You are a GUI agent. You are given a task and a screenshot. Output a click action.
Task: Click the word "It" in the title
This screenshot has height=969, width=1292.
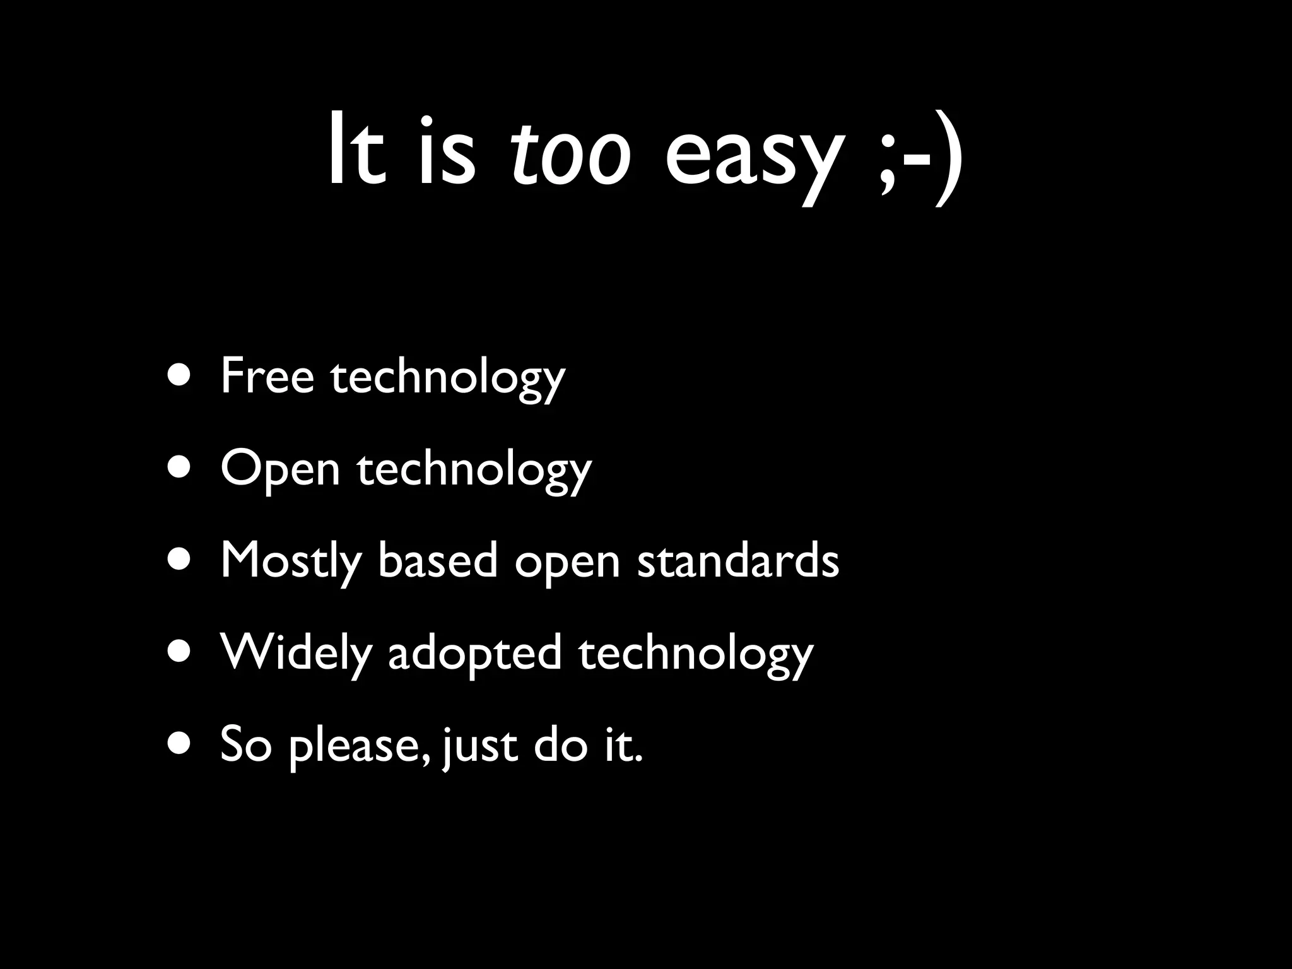[356, 151]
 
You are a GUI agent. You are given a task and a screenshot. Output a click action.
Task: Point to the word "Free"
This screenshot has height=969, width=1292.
[267, 376]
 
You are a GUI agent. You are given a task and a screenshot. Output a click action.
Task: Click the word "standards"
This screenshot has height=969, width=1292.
[738, 560]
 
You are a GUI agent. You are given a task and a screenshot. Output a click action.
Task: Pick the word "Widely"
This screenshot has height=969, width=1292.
[296, 653]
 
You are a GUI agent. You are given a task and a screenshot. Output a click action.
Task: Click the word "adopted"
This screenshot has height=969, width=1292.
[474, 653]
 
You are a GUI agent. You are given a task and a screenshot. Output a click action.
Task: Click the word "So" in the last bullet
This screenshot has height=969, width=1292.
[245, 744]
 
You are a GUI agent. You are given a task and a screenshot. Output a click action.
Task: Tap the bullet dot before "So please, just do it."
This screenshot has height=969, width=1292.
[179, 744]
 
